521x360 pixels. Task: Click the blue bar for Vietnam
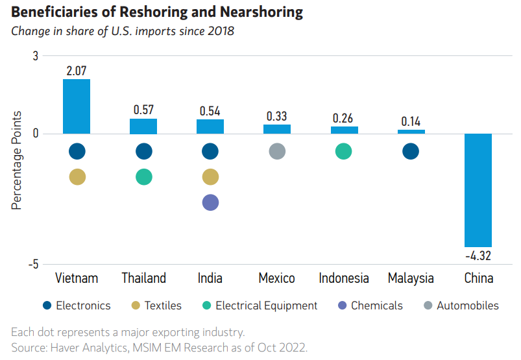click(x=77, y=106)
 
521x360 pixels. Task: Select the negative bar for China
click(x=478, y=190)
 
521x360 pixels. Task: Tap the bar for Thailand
click(x=143, y=126)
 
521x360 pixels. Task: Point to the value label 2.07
click(x=77, y=69)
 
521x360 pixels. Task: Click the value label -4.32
click(x=478, y=256)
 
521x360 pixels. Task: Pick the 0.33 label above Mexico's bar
click(x=277, y=116)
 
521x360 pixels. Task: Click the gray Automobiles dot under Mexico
click(x=277, y=152)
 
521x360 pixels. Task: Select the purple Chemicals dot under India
click(x=210, y=202)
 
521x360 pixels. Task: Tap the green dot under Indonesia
click(x=344, y=152)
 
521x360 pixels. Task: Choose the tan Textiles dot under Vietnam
click(x=77, y=177)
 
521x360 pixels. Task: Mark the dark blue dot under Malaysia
click(x=411, y=152)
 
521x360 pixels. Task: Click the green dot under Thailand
click(x=143, y=177)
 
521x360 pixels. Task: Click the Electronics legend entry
click(x=76, y=306)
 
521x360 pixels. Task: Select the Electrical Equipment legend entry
click(x=259, y=306)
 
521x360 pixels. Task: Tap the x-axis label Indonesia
click(x=344, y=278)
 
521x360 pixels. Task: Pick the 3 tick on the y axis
click(x=35, y=56)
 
